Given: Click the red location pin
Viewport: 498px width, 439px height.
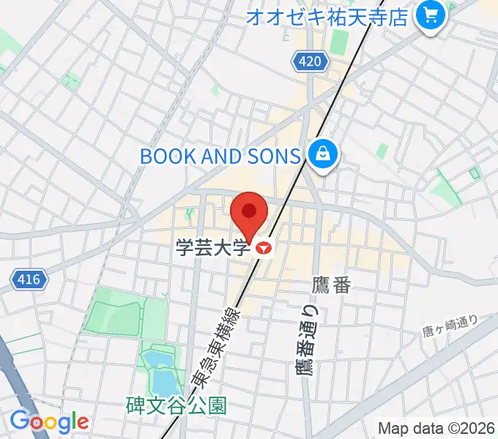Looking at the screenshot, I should tap(249, 213).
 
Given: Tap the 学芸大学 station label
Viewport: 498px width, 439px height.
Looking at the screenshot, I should tap(212, 248).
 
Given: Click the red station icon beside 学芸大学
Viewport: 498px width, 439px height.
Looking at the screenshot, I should tap(264, 249).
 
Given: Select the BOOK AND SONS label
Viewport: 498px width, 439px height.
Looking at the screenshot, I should tap(220, 156).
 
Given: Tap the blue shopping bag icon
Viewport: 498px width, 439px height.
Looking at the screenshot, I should tap(322, 155).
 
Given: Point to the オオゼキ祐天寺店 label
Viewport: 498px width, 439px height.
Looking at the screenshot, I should tap(327, 16).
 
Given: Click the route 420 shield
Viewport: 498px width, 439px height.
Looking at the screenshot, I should tap(310, 62).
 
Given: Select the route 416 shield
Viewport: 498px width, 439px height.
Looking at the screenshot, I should tap(29, 279).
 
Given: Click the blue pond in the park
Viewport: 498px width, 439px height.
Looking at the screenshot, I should tap(160, 369).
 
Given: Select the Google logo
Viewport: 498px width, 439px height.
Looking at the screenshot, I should tap(49, 421).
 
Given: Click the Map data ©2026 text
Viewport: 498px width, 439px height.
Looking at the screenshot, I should tap(436, 427).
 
